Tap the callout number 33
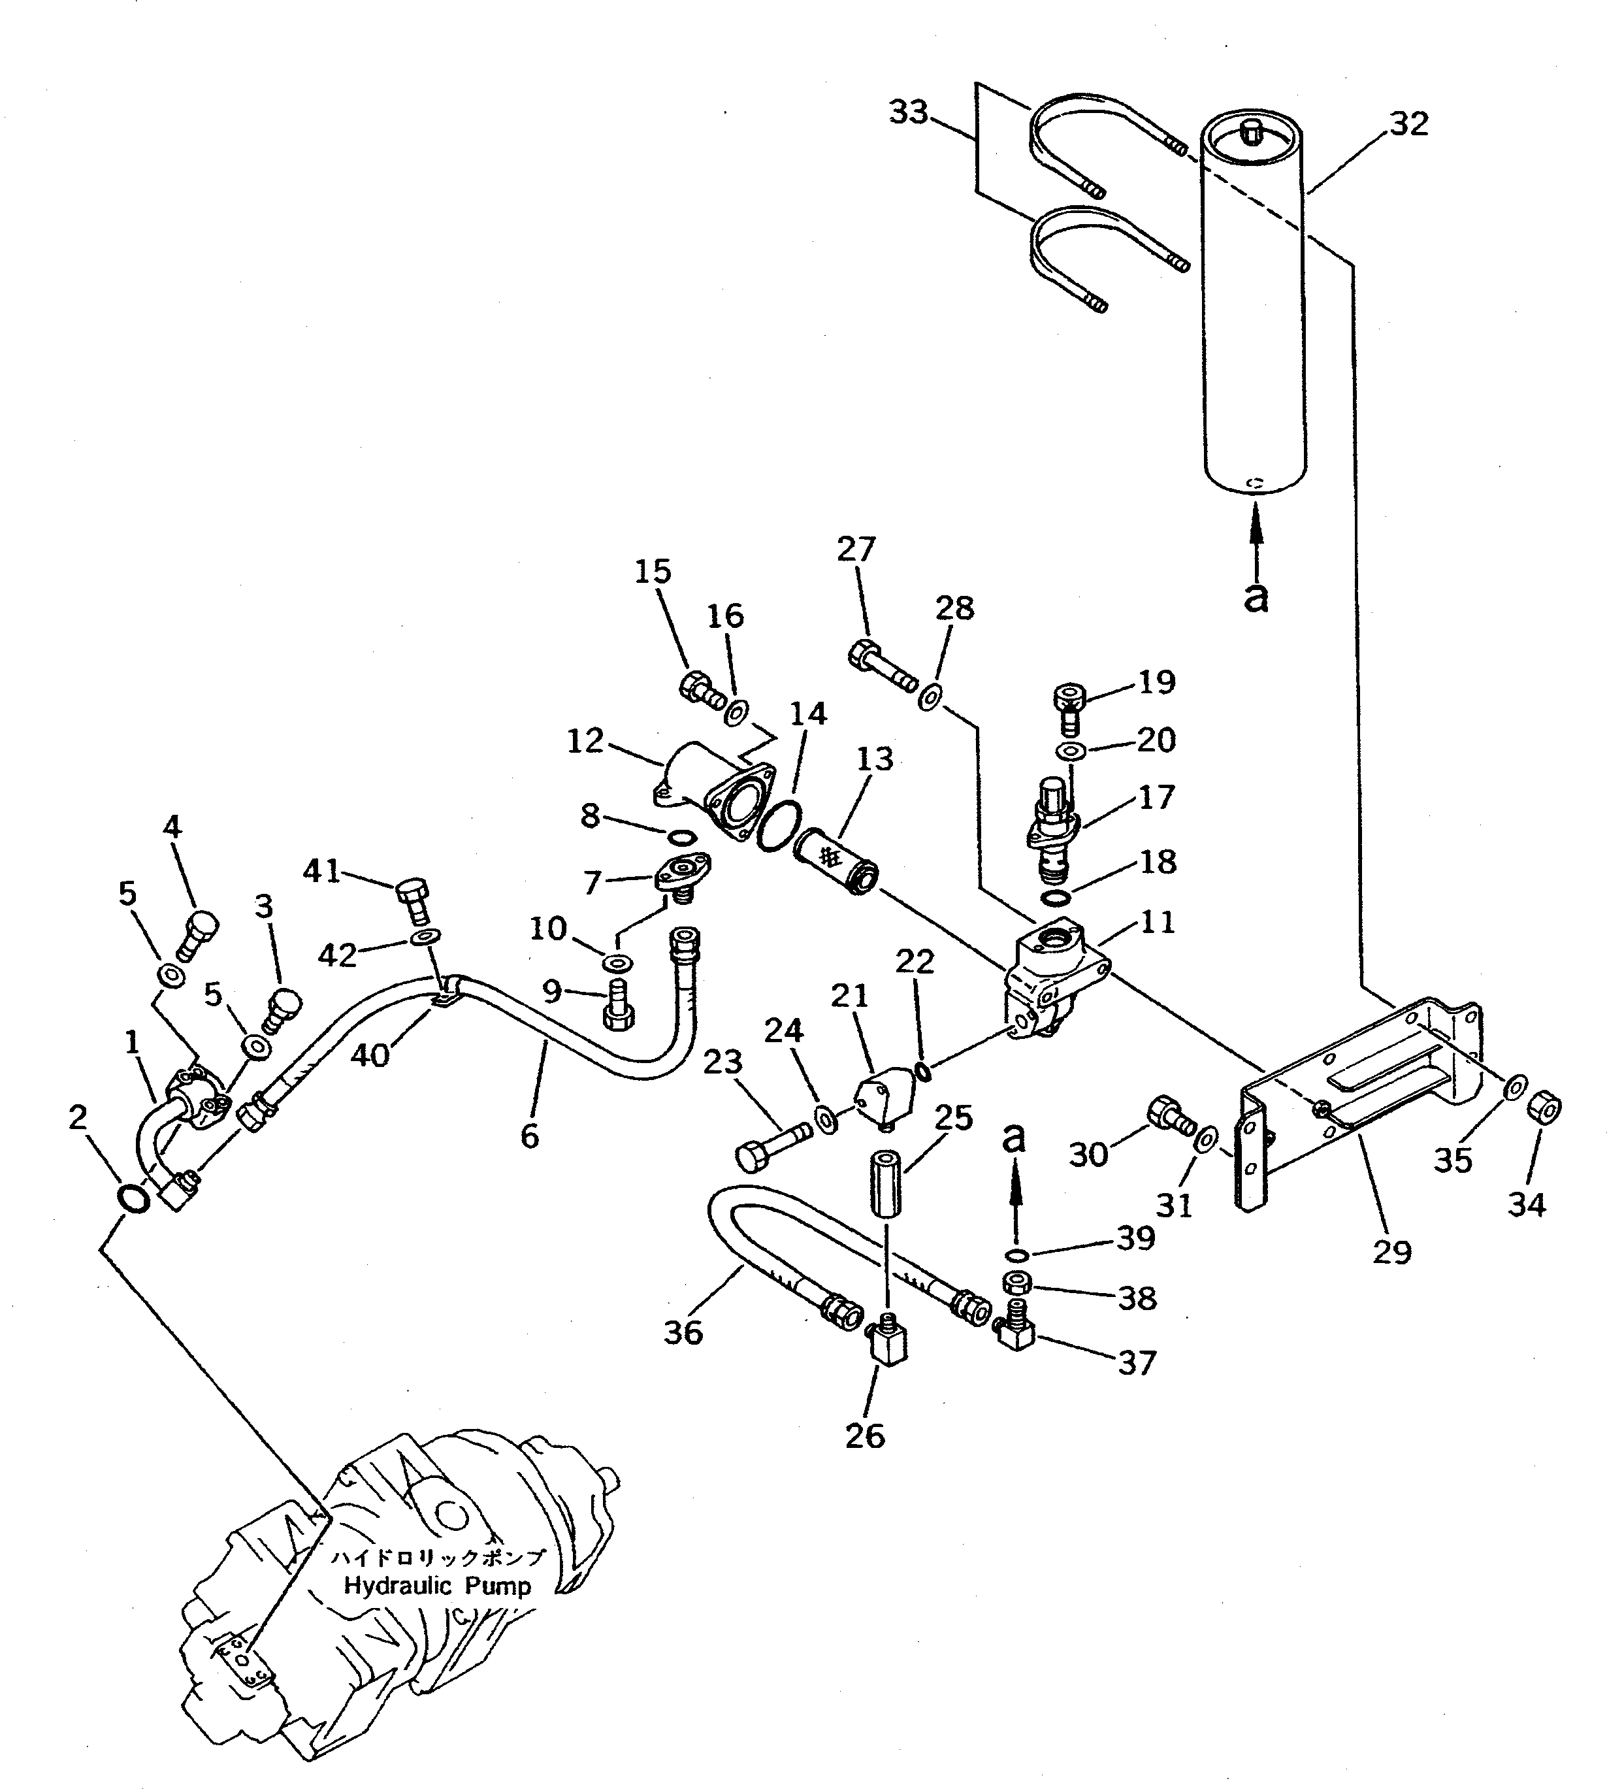tap(909, 112)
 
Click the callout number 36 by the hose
tap(683, 1332)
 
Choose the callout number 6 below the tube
tap(529, 1136)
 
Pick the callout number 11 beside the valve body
tap(1157, 923)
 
